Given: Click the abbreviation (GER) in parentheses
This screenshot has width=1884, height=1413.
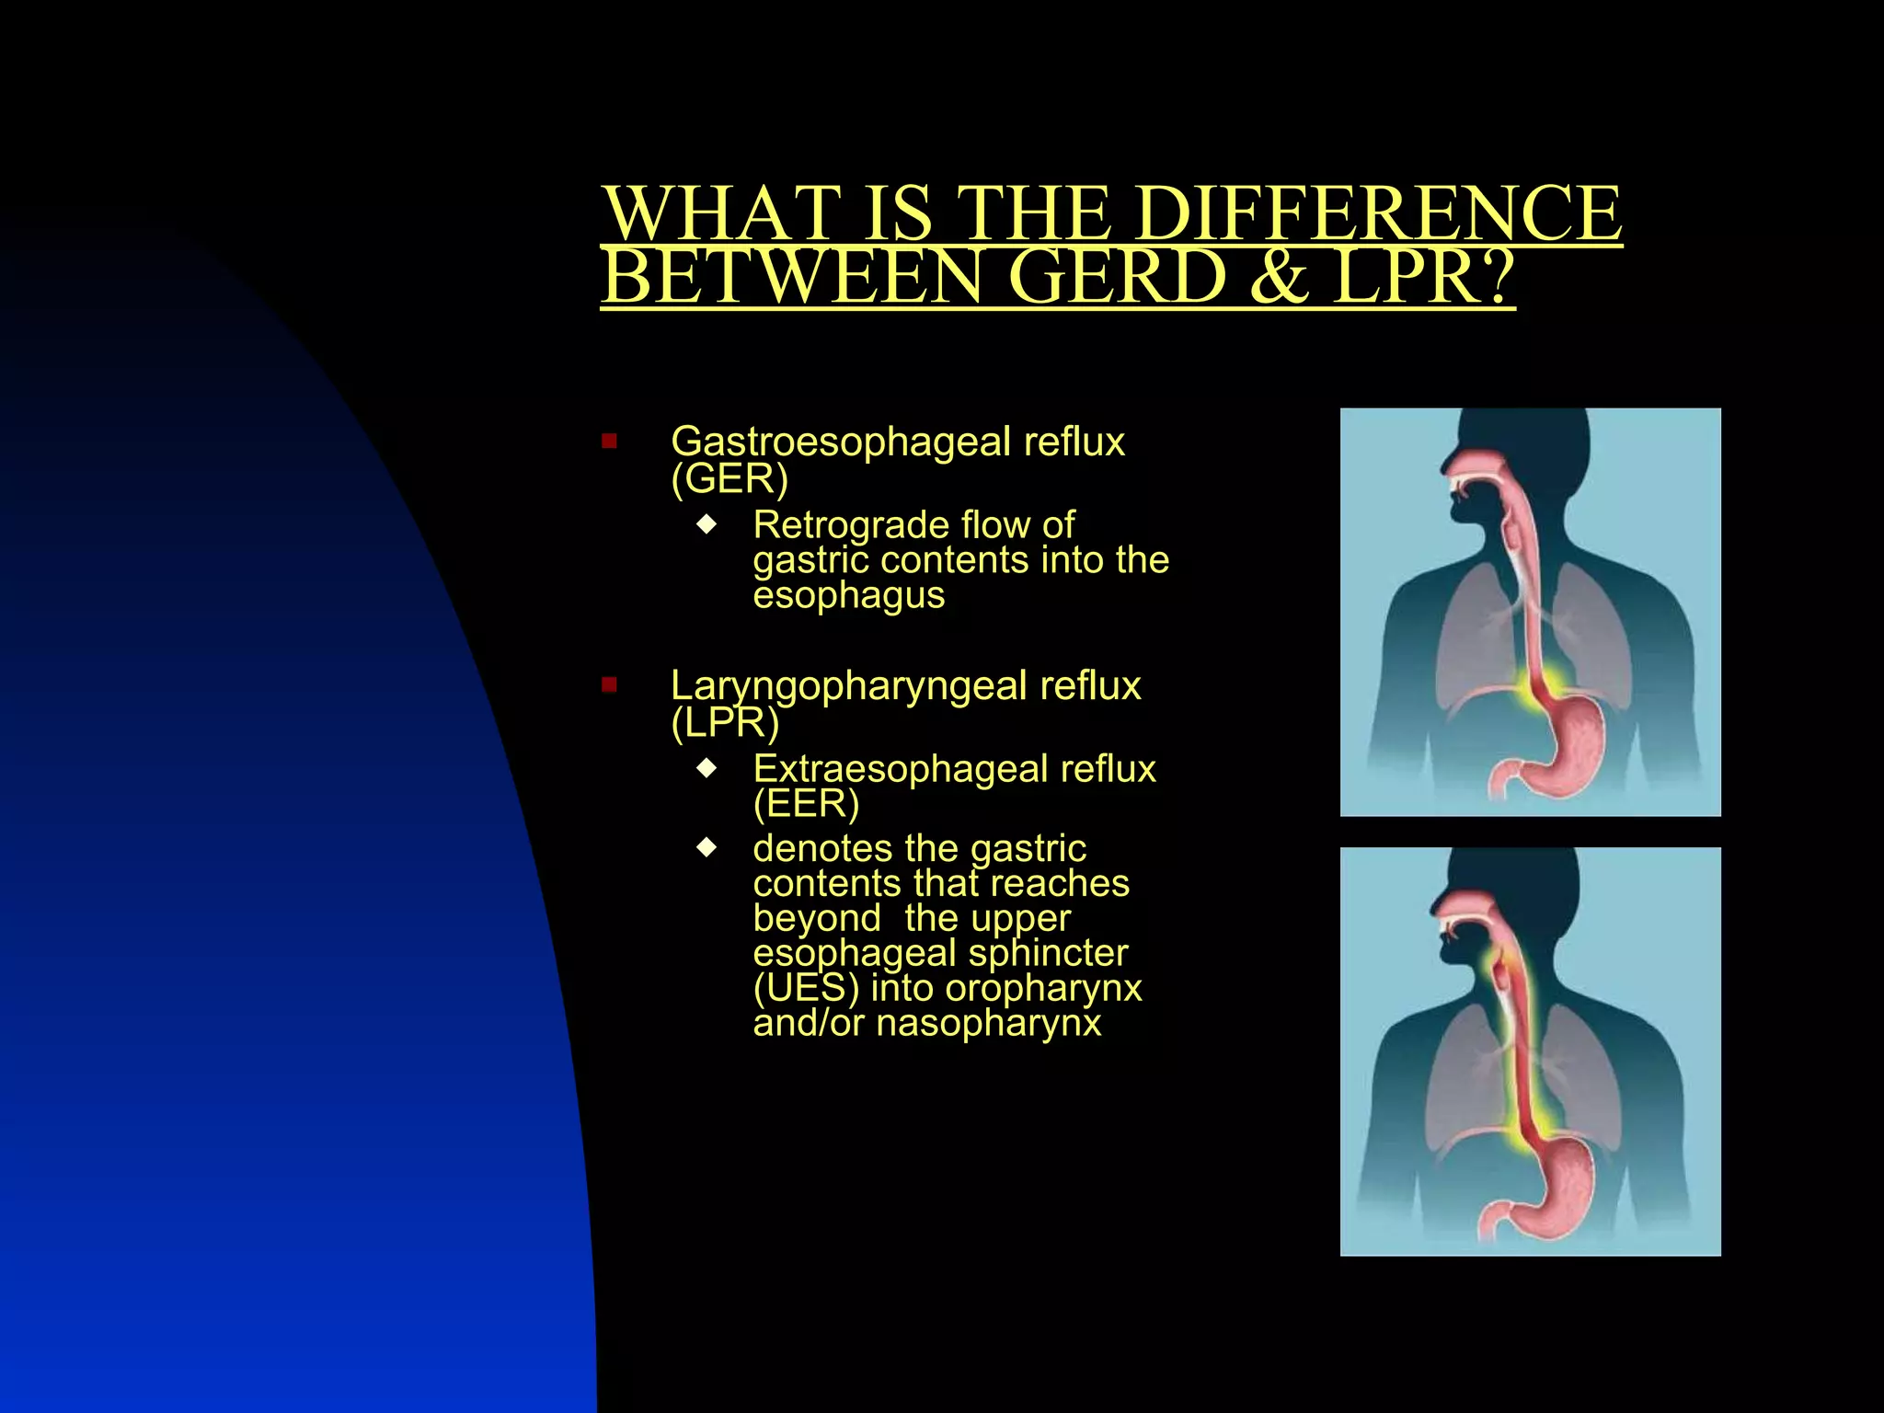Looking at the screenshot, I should tap(729, 478).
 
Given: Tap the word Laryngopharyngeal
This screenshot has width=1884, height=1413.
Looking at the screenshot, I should tap(847, 686).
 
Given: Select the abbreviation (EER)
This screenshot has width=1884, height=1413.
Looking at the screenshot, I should tap(806, 804).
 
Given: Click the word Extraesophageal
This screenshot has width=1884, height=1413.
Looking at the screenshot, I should tap(900, 769).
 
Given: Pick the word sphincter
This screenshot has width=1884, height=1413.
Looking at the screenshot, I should tap(1048, 953).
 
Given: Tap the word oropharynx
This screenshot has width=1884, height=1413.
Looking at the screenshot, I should tap(1043, 988).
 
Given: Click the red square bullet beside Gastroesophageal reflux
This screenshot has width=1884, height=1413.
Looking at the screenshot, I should tap(609, 442).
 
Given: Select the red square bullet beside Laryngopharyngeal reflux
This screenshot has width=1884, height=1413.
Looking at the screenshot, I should tap(609, 684).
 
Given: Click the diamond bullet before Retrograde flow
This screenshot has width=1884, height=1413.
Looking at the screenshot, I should tap(706, 524).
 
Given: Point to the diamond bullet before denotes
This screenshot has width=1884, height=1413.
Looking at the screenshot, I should tap(706, 847).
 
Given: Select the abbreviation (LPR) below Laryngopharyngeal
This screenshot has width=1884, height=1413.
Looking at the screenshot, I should tap(725, 723).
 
